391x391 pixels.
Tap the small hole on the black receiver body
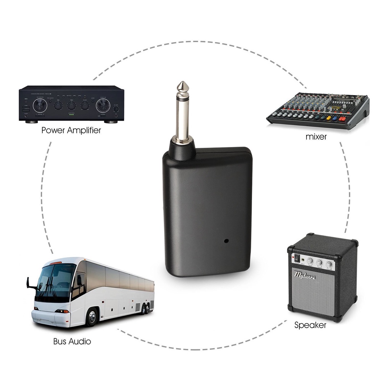[226, 241]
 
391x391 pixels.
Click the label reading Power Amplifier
[71, 130]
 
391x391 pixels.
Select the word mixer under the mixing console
[316, 137]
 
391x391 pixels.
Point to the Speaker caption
[310, 325]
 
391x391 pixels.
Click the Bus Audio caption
[72, 341]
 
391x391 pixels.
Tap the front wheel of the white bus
[92, 317]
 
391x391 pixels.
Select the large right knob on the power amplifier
[102, 105]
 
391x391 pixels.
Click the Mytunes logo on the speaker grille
[304, 276]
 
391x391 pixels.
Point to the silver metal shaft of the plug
[182, 115]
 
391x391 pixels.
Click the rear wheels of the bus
[145, 308]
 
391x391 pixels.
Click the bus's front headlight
[61, 311]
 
